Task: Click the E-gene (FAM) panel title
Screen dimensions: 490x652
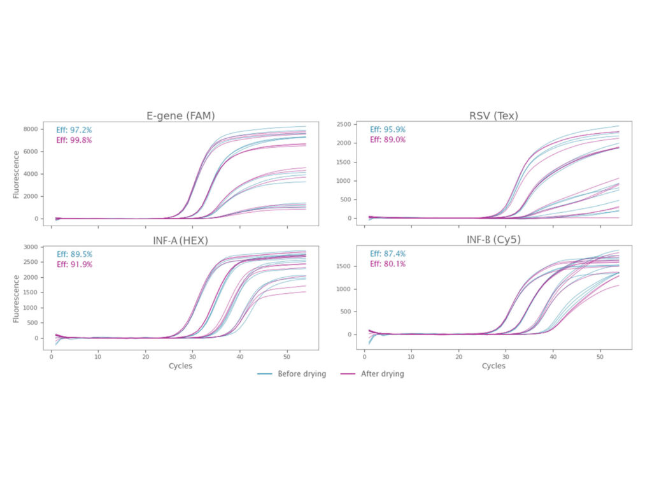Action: pos(181,115)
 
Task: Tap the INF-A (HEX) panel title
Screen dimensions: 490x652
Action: pos(180,240)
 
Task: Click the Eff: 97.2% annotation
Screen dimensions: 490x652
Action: pos(74,130)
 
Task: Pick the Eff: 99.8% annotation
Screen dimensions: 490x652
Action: pos(74,140)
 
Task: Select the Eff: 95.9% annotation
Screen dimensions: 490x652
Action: pos(388,130)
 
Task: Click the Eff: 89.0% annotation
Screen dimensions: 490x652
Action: pos(388,140)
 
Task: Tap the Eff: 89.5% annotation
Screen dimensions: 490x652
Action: pos(74,254)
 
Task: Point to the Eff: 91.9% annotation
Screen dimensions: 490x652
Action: pos(74,264)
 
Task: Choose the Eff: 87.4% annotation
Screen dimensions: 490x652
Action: pos(388,254)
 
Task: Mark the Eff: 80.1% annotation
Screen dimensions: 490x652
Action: pos(388,264)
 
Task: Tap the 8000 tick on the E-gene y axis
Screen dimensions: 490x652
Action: pos(31,129)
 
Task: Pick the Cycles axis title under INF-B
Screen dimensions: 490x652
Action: pos(493,366)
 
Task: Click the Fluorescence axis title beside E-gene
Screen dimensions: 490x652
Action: pos(17,174)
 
